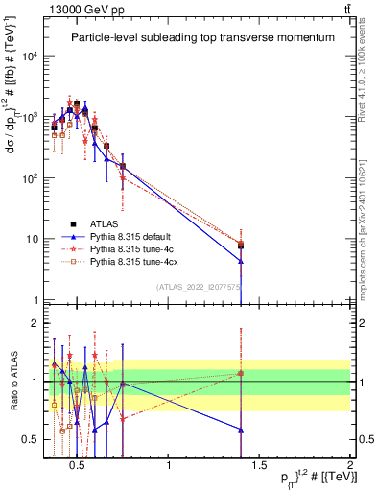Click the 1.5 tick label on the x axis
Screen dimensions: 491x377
tap(259, 466)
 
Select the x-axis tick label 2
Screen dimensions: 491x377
tap(350, 466)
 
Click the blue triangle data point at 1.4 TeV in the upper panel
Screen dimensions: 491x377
tap(241, 261)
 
